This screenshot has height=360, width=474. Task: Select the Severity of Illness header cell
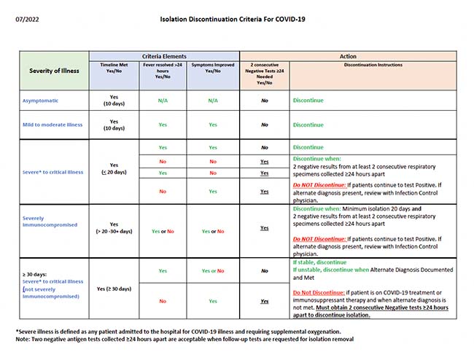click(x=55, y=71)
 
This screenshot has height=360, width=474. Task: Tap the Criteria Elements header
click(x=164, y=56)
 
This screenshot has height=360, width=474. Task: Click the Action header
click(x=349, y=56)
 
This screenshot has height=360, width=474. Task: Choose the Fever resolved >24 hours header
click(x=163, y=71)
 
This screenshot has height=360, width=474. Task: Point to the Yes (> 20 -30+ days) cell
click(x=114, y=227)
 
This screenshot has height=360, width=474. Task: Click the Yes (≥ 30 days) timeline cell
click(x=114, y=289)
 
